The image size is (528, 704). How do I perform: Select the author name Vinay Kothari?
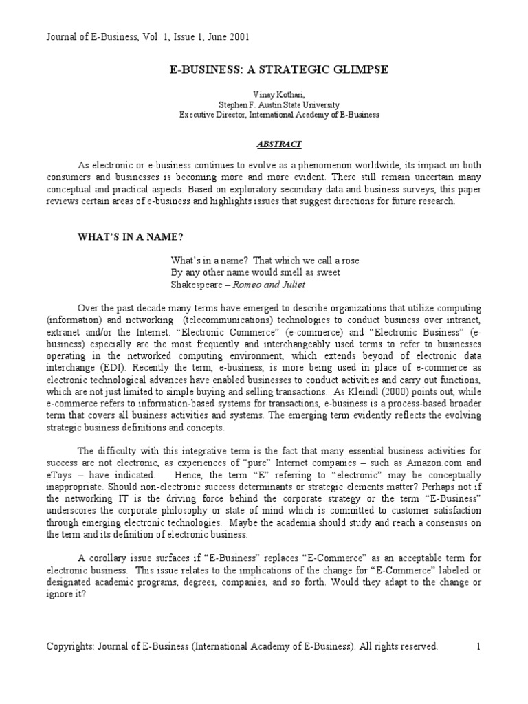click(264, 93)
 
